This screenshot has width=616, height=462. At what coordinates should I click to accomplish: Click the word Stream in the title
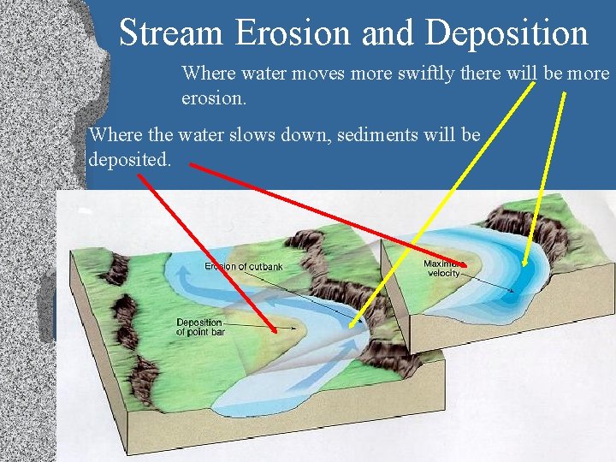(x=171, y=33)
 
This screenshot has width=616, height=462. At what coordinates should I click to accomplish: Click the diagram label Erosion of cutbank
(x=243, y=267)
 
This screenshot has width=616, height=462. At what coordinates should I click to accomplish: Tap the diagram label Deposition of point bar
(x=200, y=327)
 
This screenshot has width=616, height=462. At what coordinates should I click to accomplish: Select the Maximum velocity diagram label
(x=441, y=268)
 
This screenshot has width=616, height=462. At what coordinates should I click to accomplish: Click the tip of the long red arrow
(x=467, y=264)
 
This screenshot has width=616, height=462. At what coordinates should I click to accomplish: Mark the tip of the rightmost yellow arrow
(x=524, y=266)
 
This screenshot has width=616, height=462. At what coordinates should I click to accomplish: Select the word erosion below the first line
(x=214, y=98)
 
